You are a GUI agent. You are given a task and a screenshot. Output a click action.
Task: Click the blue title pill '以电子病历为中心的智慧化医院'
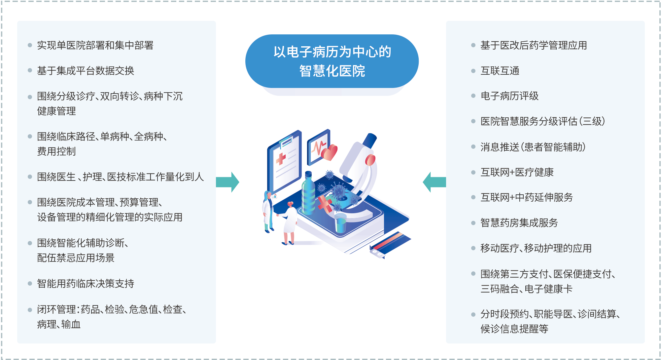pos(332,61)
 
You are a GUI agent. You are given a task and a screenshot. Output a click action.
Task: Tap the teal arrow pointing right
pos(228,182)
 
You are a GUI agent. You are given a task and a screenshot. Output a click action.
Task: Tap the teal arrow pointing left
pos(434,182)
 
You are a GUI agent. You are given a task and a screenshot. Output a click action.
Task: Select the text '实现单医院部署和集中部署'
pos(95,45)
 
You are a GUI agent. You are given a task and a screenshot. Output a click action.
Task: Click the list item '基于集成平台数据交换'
pos(86,71)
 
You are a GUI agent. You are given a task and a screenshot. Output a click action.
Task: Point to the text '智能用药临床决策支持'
pos(86,284)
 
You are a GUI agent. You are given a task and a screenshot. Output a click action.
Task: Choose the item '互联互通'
pos(500,71)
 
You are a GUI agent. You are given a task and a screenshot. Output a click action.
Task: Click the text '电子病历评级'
pos(509,96)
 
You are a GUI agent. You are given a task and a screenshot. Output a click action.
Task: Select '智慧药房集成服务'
pos(519,223)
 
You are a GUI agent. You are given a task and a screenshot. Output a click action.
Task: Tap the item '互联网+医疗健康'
pos(517,172)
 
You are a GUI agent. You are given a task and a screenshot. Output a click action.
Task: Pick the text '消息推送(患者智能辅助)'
pos(533,147)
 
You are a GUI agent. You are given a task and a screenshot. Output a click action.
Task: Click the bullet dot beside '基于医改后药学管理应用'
pos(473,45)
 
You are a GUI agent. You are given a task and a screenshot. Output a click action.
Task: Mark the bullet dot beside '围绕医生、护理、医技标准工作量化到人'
pos(30,177)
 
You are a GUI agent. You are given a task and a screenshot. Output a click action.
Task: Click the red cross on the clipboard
pos(281,159)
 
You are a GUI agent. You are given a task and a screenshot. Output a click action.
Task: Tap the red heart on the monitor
pos(330,152)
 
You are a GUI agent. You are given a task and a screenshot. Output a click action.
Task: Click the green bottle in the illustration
pos(308,193)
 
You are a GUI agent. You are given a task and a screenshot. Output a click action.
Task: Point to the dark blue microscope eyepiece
pos(370,140)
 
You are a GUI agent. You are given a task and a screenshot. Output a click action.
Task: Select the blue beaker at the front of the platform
pos(340,223)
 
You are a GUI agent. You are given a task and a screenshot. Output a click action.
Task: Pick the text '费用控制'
pos(56,151)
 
